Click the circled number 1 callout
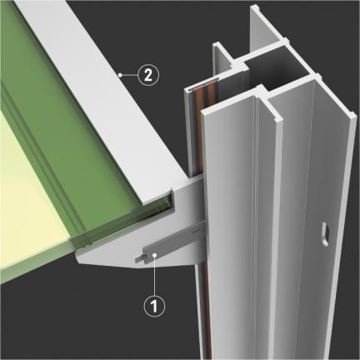coord(154,306)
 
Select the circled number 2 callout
coord(148,75)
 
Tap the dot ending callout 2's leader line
coord(120,75)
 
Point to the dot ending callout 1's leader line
coord(155,255)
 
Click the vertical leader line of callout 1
coord(155,276)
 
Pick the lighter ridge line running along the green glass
coord(42,156)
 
